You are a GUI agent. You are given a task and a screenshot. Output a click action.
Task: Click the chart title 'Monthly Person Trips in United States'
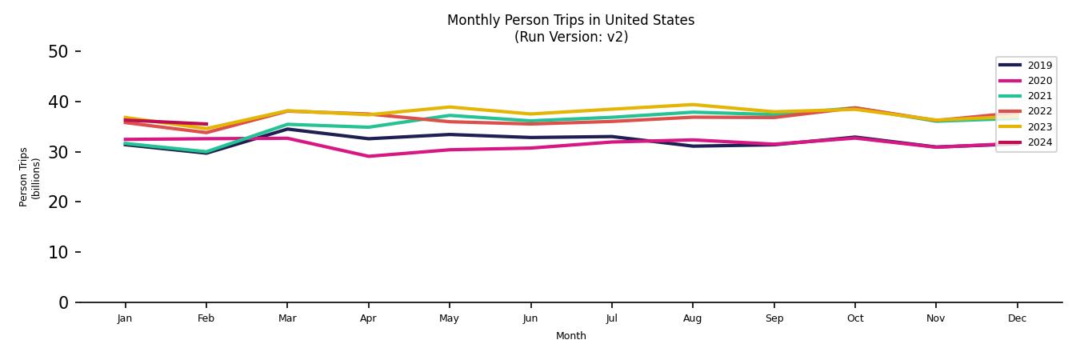[x=570, y=20]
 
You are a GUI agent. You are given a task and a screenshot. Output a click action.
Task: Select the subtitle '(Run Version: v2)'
[x=570, y=37]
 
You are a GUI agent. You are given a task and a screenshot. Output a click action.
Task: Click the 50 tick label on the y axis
[x=58, y=52]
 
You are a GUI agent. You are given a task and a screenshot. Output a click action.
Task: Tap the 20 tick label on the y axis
[x=58, y=202]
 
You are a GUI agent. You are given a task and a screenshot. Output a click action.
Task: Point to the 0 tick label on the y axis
[x=63, y=302]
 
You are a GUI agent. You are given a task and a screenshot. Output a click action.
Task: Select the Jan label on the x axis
[x=125, y=318]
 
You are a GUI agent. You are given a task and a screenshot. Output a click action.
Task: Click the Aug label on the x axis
[x=693, y=318]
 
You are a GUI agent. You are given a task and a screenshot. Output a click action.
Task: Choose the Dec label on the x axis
[x=1017, y=318]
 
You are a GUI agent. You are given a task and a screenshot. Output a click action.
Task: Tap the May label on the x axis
[x=449, y=318]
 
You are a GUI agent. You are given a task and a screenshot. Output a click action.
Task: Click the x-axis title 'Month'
[x=570, y=336]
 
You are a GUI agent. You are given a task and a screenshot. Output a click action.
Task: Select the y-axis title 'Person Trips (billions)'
[x=30, y=177]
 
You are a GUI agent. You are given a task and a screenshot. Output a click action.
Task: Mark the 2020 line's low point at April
[x=368, y=156]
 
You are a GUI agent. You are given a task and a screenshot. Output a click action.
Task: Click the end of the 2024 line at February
[x=206, y=124]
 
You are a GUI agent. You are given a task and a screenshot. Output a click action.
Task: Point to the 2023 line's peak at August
[x=693, y=105]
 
